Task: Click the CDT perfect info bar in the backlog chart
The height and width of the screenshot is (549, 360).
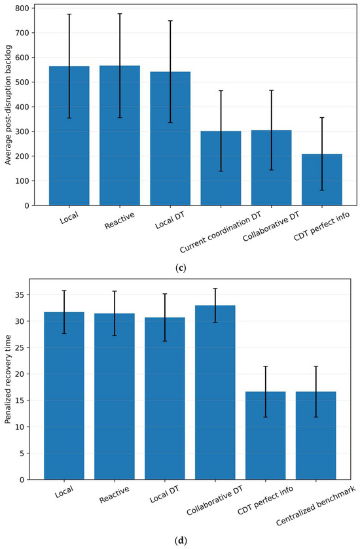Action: point(322,179)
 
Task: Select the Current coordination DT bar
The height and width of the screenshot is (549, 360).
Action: point(221,168)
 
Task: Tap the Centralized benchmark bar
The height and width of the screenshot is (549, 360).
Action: point(316,436)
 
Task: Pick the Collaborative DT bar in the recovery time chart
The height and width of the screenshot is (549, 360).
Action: point(215,393)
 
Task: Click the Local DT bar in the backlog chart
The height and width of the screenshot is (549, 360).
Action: point(170,139)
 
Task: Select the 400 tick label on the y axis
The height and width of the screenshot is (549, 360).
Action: point(22,107)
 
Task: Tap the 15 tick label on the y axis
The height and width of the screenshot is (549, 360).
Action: point(20,400)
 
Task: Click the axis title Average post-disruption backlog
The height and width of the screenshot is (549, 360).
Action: point(8,105)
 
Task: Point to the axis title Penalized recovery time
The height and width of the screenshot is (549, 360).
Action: point(7,379)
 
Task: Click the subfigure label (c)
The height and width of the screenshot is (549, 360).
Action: point(180,268)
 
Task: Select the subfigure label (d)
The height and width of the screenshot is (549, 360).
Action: point(180,541)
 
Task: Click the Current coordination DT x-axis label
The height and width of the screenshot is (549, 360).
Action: point(221,230)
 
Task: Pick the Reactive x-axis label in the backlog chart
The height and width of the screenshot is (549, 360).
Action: point(120,221)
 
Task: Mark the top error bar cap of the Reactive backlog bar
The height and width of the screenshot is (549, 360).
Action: point(120,14)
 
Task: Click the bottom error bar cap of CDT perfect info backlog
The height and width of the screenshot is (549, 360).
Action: point(322,190)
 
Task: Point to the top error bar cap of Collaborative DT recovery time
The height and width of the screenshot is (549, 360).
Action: point(215,289)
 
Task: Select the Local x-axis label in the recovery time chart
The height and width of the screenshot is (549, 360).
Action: point(64,492)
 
